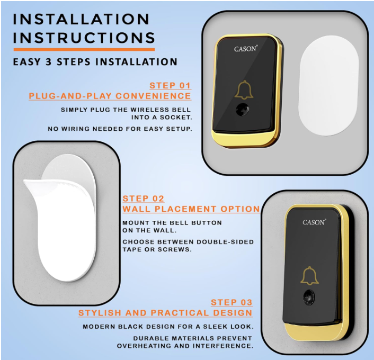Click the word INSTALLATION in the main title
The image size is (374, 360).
81,20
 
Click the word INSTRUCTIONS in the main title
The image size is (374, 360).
84,39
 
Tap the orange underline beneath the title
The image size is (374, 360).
84,50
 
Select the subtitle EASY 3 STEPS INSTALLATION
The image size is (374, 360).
95,62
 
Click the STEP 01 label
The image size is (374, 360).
170,85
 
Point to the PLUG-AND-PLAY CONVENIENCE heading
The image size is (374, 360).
110,96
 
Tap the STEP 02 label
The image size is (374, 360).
143,199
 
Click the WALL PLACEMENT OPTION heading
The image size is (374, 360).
191,209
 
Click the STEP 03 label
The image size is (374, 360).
231,302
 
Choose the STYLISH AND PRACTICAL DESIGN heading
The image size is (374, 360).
165,313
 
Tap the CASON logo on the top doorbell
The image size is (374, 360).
246,49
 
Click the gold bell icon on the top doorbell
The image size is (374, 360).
244,91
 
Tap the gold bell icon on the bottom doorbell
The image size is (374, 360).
310,276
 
